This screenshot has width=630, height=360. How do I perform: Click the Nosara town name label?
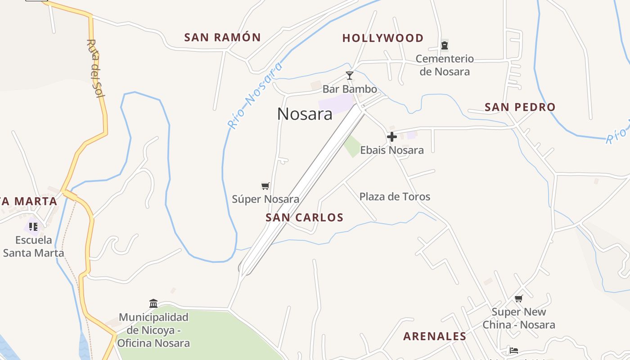(305, 114)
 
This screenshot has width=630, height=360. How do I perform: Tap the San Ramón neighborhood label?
(222, 37)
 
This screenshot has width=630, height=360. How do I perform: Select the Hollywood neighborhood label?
(383, 38)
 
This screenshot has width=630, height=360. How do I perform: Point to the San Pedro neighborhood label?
(520, 107)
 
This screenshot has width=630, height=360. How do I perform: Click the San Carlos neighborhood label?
(305, 218)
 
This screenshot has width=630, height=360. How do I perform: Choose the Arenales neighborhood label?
(435, 336)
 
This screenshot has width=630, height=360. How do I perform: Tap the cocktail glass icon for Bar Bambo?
(350, 75)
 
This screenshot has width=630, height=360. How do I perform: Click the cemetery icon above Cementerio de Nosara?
(445, 45)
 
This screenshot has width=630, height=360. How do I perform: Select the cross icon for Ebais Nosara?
(392, 137)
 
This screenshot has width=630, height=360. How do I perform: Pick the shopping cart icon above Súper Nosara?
(265, 186)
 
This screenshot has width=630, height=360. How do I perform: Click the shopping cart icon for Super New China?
(519, 298)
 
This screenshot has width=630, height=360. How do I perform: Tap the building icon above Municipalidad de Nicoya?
(153, 303)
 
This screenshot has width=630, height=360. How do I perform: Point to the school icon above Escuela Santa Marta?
(33, 226)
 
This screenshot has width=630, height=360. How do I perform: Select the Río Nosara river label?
(255, 95)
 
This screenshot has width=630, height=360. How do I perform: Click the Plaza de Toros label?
(395, 197)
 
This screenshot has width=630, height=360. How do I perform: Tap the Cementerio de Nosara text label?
(445, 65)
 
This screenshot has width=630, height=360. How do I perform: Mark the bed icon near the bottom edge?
(514, 350)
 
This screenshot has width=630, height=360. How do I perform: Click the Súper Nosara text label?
(265, 199)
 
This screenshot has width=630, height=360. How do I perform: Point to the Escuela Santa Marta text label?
(34, 246)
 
